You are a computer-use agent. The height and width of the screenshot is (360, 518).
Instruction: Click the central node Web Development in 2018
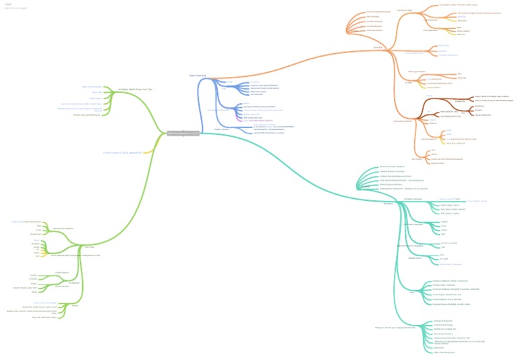183,133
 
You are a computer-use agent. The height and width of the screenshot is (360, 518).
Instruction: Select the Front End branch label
378,48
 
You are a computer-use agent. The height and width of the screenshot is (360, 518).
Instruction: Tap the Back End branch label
388,203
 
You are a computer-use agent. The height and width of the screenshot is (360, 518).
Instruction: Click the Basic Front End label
197,76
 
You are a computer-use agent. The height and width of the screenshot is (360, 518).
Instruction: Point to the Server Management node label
76,256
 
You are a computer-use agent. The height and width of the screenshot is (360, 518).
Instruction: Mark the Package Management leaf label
442,321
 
